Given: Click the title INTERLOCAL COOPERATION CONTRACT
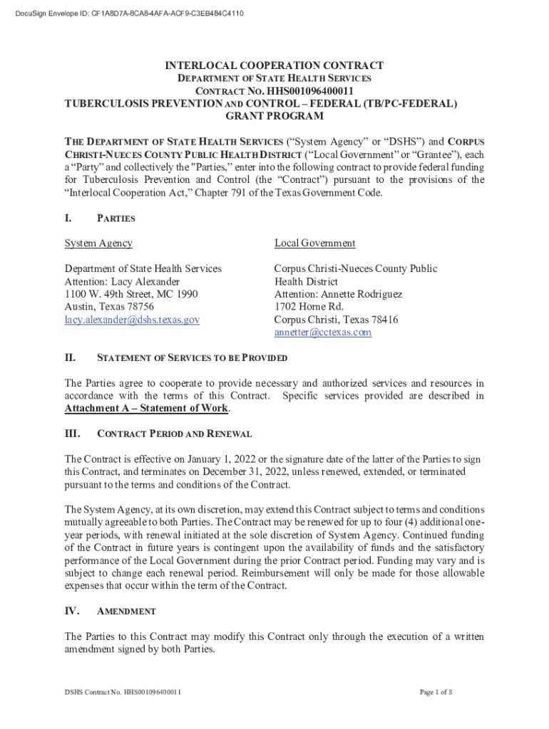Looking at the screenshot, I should tap(274, 65).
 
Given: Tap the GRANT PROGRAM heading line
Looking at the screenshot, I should tap(274, 116).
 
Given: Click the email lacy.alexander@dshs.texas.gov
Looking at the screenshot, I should tap(132, 320).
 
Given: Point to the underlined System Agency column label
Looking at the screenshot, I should tap(98, 243).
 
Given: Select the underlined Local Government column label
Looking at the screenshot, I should tap(314, 243).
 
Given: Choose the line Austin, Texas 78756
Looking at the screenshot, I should tap(109, 307).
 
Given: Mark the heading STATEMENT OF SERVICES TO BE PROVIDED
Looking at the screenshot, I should tap(192, 357).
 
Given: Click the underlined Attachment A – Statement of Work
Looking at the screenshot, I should tap(147, 409).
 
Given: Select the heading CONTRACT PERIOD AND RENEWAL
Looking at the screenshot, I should tap(174, 434).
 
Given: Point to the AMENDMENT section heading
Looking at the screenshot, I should tap(126, 612).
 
